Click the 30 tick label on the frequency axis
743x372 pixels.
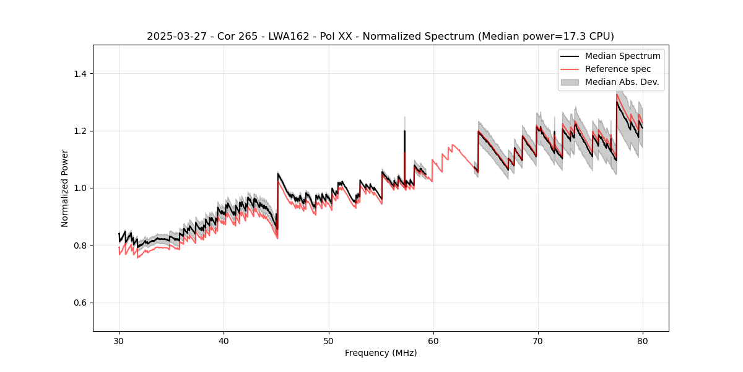click(x=119, y=340)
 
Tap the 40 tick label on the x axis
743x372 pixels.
click(x=224, y=340)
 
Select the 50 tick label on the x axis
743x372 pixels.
click(x=329, y=340)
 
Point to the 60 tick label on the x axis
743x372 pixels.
click(x=433, y=340)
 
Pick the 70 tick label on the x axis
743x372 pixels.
click(x=538, y=340)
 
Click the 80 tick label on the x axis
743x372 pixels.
click(x=643, y=340)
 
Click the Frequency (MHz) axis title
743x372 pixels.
click(x=381, y=353)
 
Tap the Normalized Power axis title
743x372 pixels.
click(x=65, y=188)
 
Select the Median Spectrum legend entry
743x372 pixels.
click(x=622, y=56)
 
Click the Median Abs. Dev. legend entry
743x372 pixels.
click(x=622, y=82)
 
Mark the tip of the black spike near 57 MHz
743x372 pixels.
click(x=404, y=131)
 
